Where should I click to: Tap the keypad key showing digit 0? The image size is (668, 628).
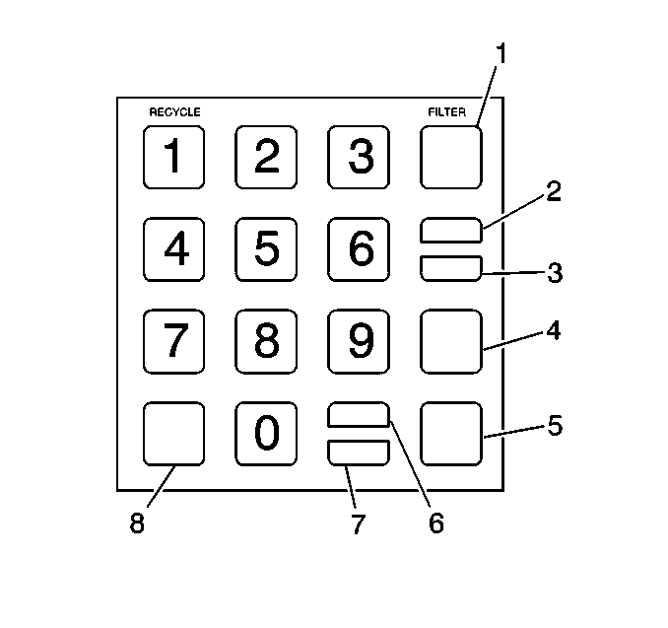pyautogui.click(x=265, y=434)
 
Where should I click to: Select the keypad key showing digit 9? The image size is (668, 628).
pyautogui.click(x=359, y=341)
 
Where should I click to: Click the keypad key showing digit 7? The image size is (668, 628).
pyautogui.click(x=174, y=341)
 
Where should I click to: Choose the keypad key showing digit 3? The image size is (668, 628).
pyautogui.click(x=359, y=156)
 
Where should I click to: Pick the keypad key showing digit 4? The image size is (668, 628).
pyautogui.click(x=174, y=248)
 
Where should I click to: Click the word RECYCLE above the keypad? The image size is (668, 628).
pyautogui.click(x=174, y=112)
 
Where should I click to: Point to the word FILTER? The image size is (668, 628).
pyautogui.click(x=446, y=112)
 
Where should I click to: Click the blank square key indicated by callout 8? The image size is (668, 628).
pyautogui.click(x=174, y=434)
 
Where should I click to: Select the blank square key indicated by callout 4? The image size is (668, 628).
pyautogui.click(x=451, y=341)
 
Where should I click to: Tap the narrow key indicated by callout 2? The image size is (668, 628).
pyautogui.click(x=451, y=230)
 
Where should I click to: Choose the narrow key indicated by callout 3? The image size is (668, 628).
pyautogui.click(x=451, y=268)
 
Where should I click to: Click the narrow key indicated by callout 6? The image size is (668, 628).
pyautogui.click(x=359, y=415)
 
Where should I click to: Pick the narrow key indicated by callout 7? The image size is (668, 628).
pyautogui.click(x=359, y=453)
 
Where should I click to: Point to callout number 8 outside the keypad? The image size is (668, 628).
pyautogui.click(x=137, y=523)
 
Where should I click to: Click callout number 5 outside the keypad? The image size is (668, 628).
pyautogui.click(x=555, y=426)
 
